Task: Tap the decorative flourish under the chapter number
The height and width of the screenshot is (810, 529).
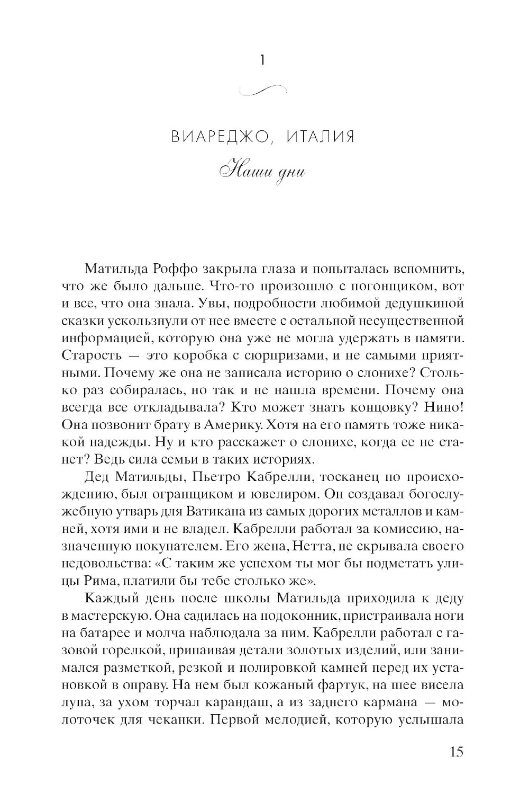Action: [263, 90]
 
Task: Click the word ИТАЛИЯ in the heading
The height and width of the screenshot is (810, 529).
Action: [320, 137]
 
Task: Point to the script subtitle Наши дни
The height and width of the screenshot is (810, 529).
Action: [263, 173]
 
